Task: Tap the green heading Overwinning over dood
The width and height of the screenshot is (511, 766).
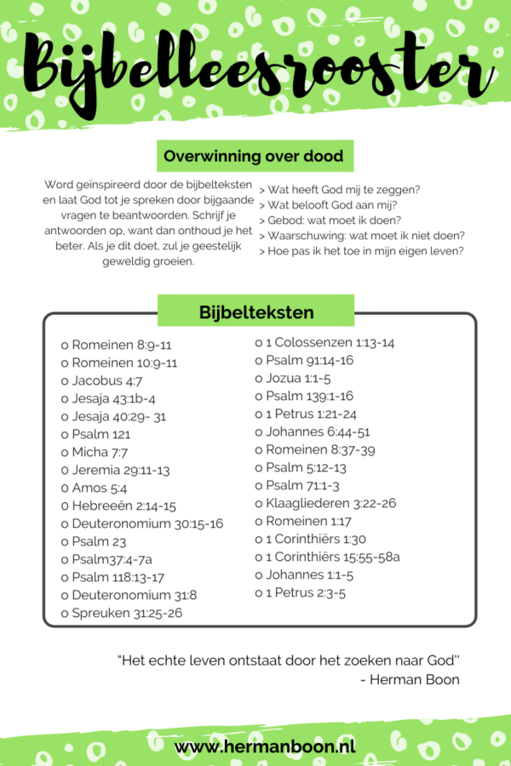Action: [x=254, y=157]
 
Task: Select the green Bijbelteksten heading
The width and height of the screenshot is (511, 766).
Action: [x=255, y=312]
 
